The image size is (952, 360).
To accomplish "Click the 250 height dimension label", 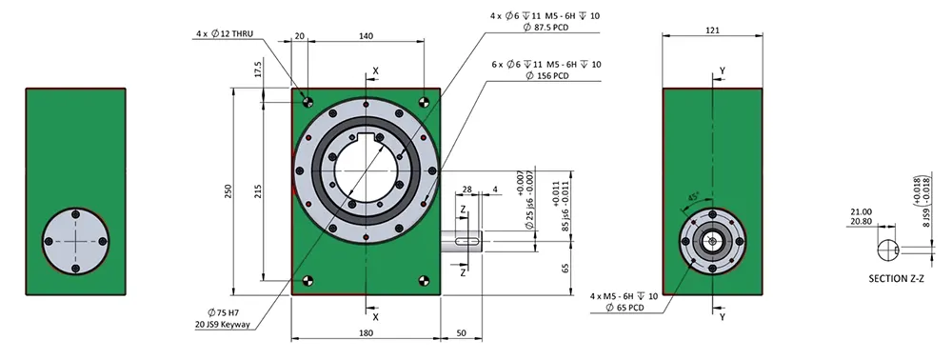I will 228,191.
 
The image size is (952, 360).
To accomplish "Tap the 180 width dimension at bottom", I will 366,332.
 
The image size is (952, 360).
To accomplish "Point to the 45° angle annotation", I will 694,195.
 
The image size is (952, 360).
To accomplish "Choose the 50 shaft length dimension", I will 462,332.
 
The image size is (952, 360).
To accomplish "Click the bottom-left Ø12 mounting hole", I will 307,280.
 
